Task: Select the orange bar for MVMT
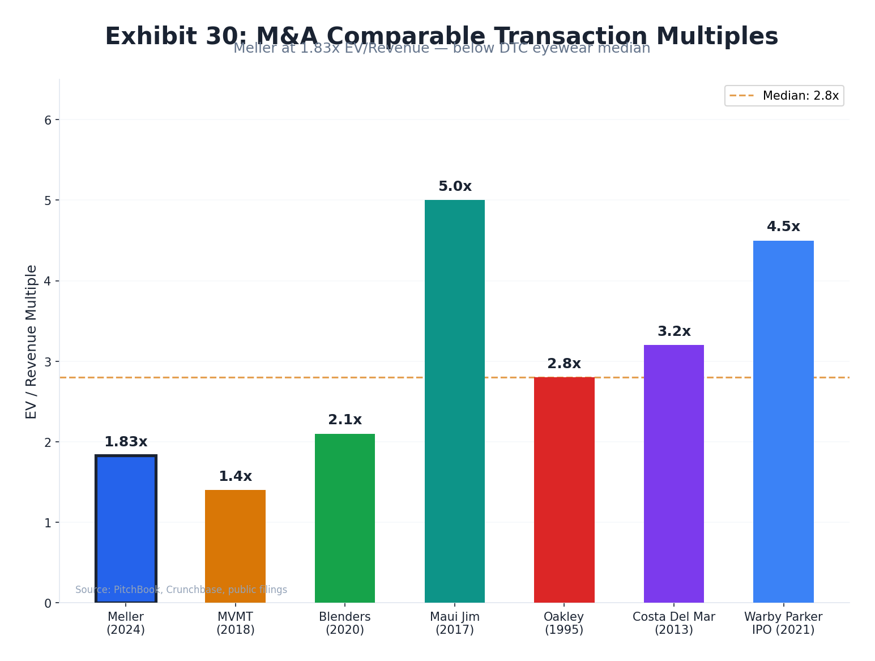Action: (235, 546)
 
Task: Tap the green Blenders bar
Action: (344, 518)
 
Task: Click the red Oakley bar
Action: (564, 489)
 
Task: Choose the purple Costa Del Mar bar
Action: (673, 474)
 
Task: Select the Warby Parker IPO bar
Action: (783, 421)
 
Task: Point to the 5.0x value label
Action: (454, 186)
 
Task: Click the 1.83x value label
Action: (126, 442)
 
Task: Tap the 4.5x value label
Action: (783, 227)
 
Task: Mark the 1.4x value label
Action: (235, 476)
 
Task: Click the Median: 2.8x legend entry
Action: (784, 96)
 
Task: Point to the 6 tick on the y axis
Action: (48, 120)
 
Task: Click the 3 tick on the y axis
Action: (48, 361)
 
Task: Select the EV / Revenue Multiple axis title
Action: (32, 342)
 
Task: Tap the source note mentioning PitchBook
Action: (181, 590)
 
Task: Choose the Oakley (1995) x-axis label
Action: (564, 623)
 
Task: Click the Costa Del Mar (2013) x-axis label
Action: (673, 623)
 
